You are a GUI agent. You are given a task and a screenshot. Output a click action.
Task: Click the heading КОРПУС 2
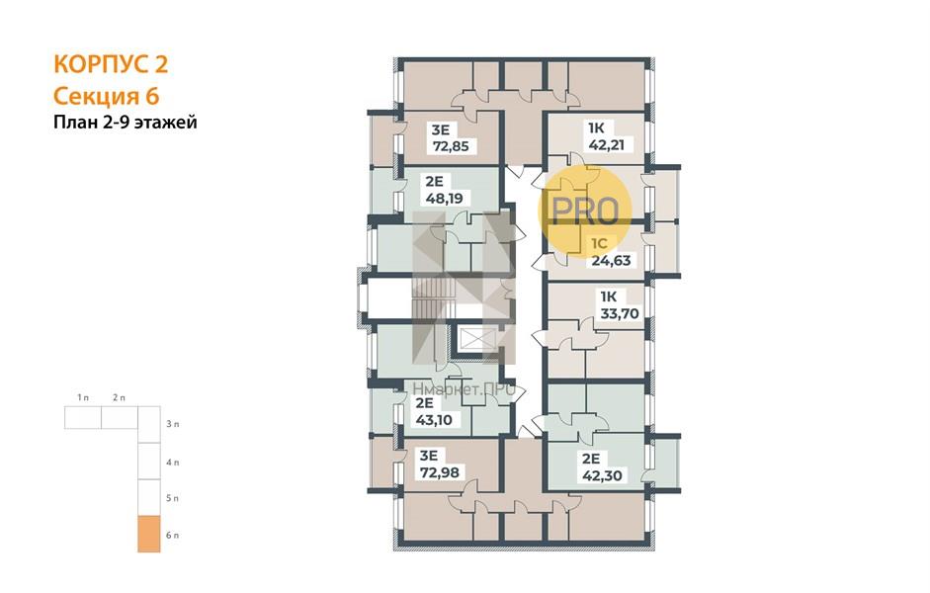[111, 63]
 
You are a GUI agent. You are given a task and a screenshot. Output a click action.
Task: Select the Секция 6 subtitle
[107, 96]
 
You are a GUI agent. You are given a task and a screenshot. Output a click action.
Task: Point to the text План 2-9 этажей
[126, 123]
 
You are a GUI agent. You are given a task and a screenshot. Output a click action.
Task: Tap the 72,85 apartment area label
[451, 146]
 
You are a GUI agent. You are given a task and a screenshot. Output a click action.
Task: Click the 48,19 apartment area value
[444, 198]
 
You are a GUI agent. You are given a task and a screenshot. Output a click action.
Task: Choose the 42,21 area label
[606, 144]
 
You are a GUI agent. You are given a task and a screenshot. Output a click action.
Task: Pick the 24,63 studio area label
[611, 260]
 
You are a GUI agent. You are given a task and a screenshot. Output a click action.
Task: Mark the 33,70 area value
[620, 313]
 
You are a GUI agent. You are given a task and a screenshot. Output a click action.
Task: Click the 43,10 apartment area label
[434, 420]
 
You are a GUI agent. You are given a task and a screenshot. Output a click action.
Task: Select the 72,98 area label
[439, 472]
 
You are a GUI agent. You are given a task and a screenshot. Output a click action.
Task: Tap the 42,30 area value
[602, 475]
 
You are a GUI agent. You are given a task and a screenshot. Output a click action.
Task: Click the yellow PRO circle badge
[585, 211]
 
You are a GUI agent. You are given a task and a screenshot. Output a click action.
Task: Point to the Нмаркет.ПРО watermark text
[464, 389]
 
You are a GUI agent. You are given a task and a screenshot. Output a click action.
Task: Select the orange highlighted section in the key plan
[149, 534]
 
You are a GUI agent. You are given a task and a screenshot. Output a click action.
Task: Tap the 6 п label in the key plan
[172, 535]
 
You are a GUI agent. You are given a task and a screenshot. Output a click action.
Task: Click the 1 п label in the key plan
[83, 397]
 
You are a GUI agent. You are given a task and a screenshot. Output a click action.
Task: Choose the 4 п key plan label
[172, 462]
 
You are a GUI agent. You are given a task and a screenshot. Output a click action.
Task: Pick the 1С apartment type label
[600, 243]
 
